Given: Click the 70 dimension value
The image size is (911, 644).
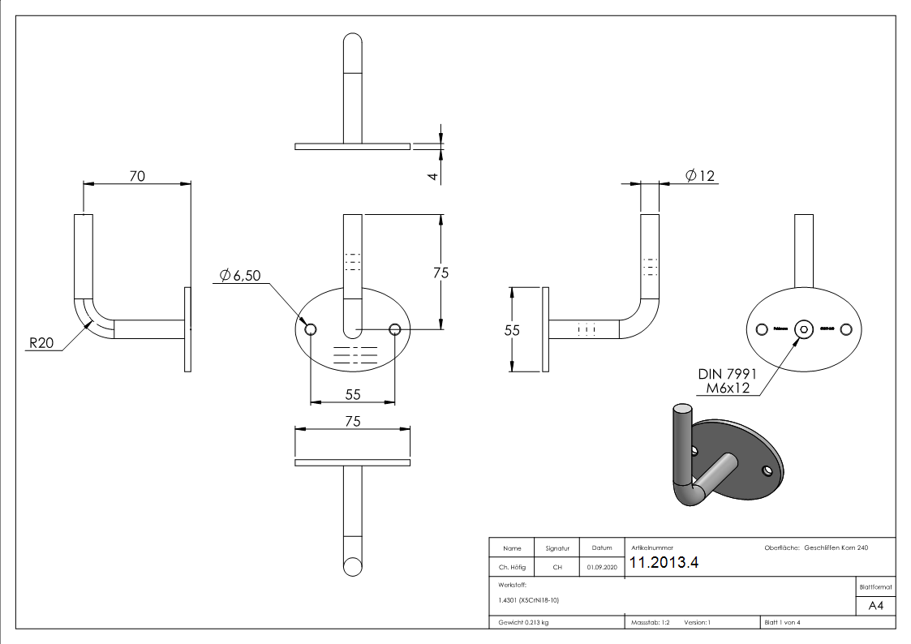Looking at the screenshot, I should [137, 175].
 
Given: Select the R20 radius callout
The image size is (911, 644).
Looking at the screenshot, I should [41, 344].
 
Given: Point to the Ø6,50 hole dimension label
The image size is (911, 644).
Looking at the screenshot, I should [241, 277].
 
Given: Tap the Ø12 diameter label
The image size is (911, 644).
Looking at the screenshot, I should [700, 175].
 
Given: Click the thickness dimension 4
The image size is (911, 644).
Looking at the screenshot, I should [433, 175].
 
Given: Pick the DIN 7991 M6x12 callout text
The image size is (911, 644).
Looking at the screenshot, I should [727, 381].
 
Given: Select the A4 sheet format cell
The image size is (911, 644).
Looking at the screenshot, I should [876, 606].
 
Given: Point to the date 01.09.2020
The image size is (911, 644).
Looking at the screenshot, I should [601, 568].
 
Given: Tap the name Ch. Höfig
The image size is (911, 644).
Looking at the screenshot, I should [512, 568].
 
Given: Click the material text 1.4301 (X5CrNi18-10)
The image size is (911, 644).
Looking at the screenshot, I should [529, 600].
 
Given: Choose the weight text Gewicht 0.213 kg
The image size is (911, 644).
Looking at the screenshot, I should [523, 623].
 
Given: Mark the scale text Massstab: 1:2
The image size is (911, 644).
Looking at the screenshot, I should [650, 623].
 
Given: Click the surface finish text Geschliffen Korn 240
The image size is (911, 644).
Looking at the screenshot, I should [836, 548].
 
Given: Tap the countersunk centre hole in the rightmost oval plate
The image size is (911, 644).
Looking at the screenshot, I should [804, 328].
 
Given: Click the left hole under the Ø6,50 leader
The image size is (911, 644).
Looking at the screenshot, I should [311, 329].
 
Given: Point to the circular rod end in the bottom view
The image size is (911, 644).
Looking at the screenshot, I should [353, 567].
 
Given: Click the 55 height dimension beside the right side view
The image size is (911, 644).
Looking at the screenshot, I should [512, 330].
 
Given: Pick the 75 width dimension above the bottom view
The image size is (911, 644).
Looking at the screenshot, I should [352, 421].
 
